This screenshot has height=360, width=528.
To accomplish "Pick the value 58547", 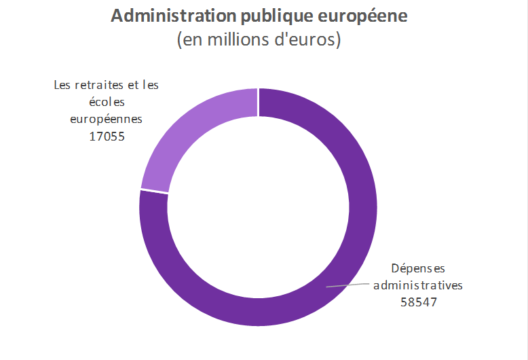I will [418, 302].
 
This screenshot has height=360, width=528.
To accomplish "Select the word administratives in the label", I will [418, 285].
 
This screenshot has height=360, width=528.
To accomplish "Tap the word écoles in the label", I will [109, 102].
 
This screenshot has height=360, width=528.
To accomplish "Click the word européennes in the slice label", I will [109, 119].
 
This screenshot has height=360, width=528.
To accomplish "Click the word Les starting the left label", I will [62, 85].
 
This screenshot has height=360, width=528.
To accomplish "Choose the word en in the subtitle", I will [191, 40].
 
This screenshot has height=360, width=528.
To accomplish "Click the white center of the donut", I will [258, 207].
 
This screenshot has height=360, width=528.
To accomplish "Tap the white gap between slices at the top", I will [258, 102].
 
